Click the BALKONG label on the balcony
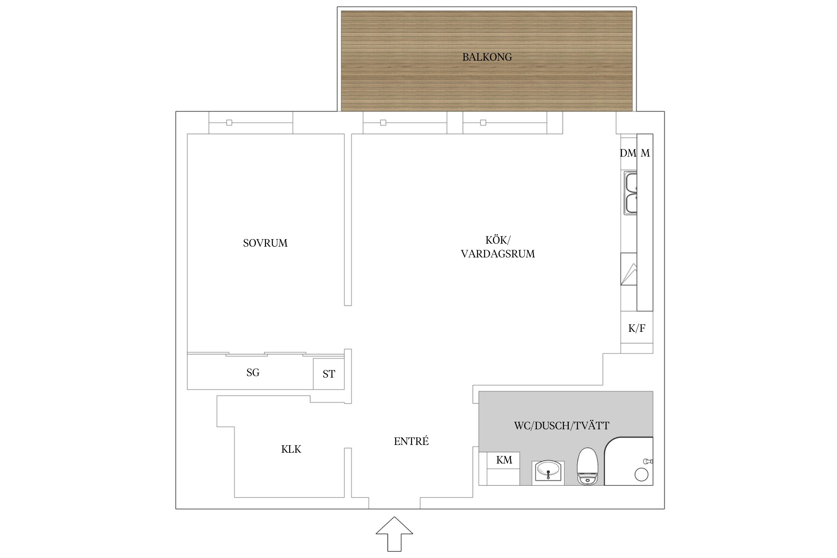487,57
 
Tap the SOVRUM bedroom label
265,243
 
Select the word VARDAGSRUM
498,254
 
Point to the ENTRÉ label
411,441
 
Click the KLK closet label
291,449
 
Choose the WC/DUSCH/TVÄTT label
562,426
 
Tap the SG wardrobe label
253,373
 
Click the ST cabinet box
329,374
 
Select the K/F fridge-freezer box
637,327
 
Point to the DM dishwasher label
628,153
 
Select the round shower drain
641,475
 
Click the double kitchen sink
631,193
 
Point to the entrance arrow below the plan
394,534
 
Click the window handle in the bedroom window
229,123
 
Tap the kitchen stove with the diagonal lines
629,269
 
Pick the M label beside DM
645,153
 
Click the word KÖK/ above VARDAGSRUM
498,240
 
